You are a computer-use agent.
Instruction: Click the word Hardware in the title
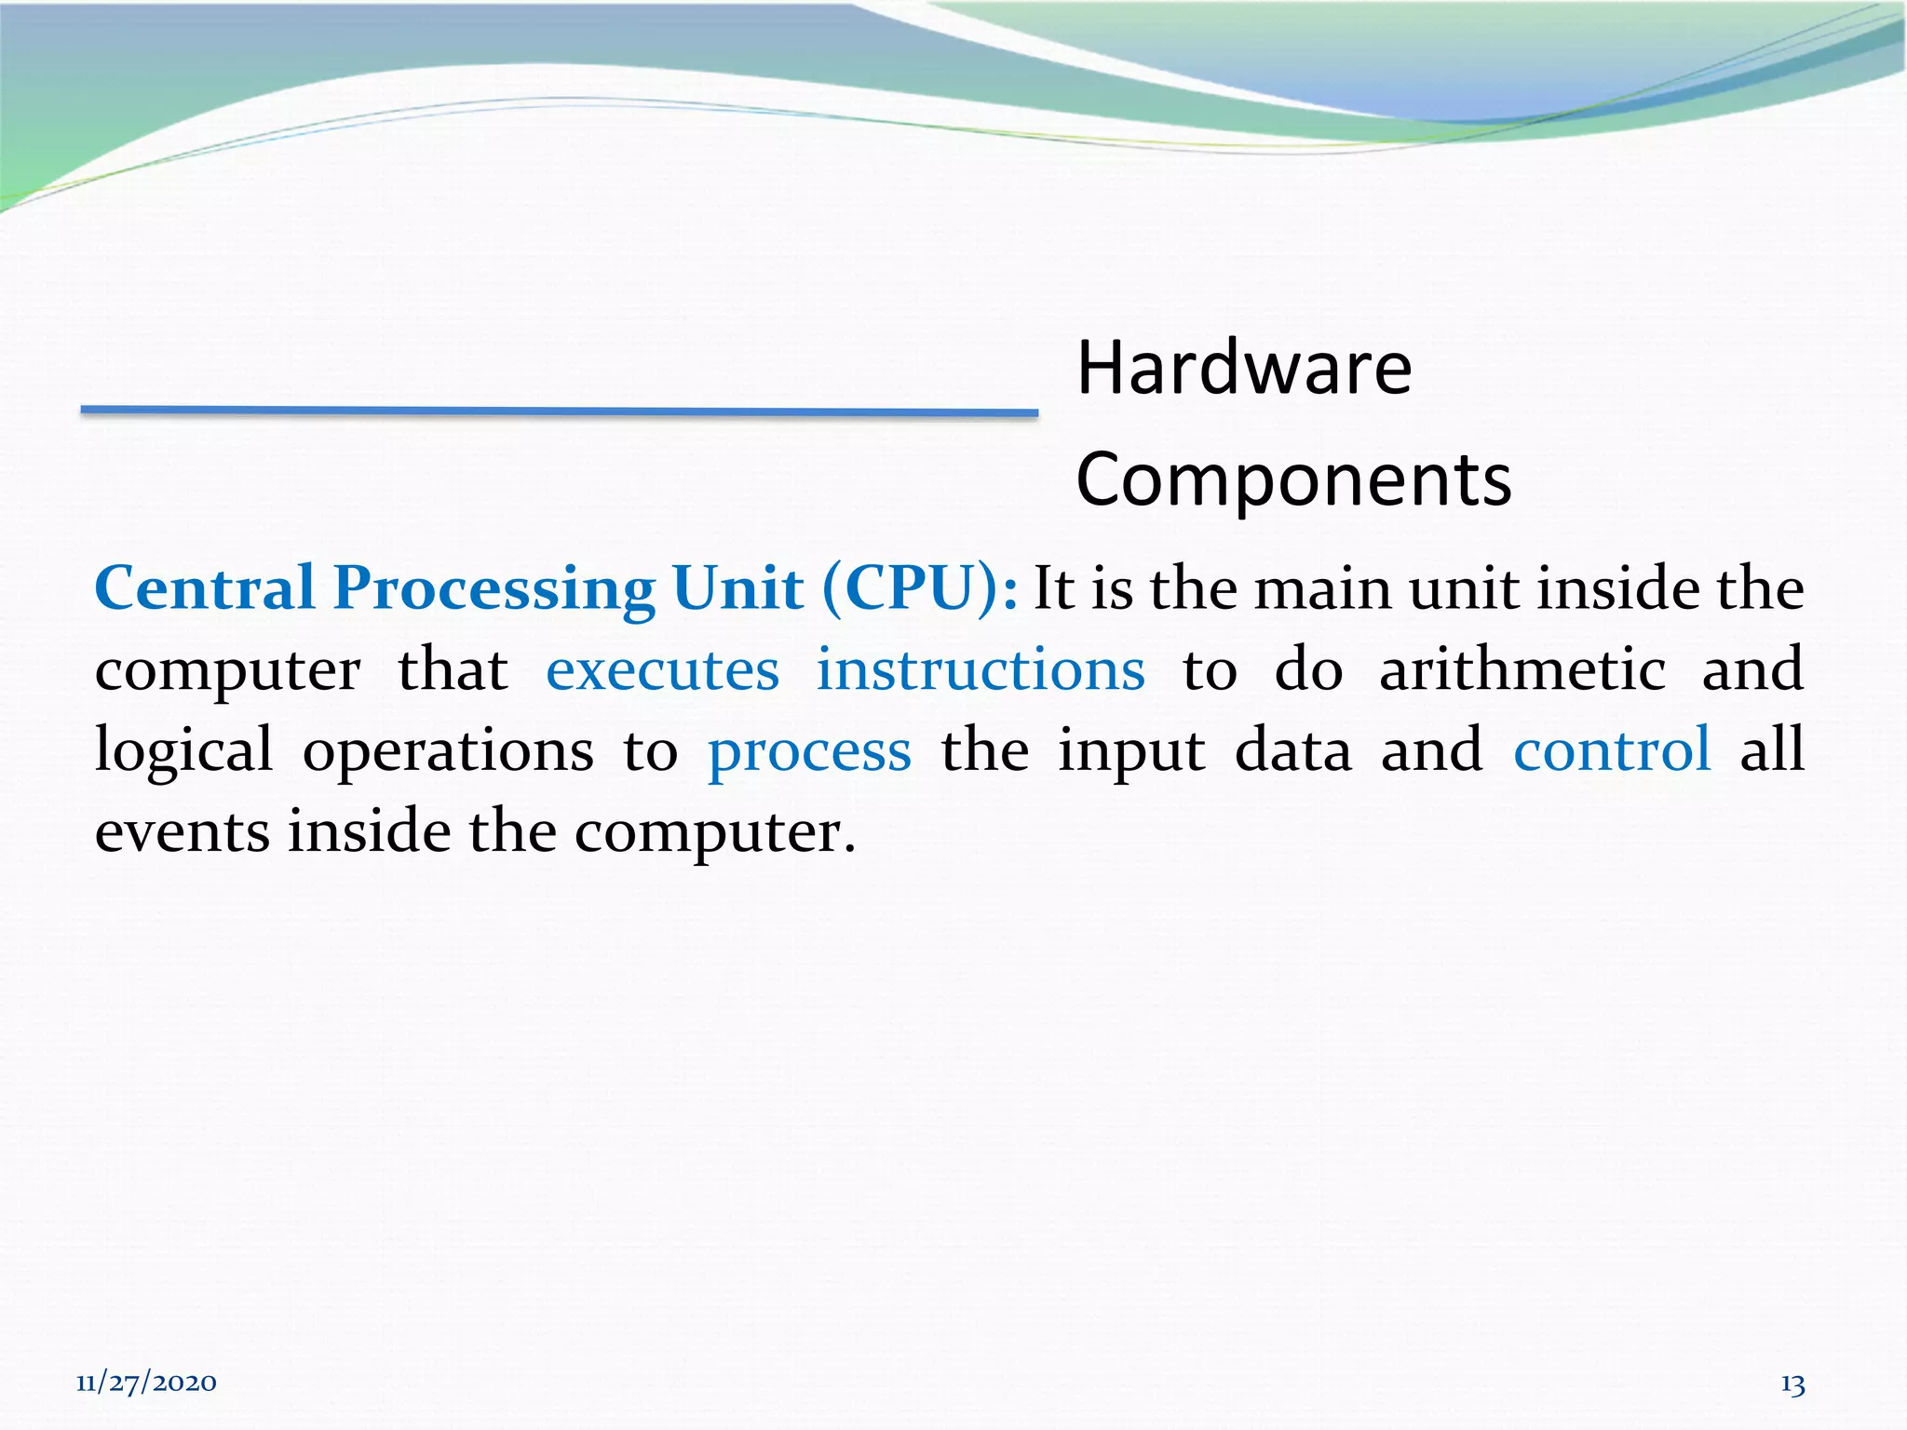(1244, 369)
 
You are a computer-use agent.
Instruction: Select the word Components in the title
(1293, 480)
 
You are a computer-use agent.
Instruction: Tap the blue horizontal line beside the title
(559, 411)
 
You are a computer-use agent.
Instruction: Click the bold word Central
(205, 588)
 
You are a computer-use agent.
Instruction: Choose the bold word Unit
(737, 588)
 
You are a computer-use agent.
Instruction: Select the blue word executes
(662, 670)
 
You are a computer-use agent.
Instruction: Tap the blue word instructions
(981, 670)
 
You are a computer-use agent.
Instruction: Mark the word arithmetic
(1522, 670)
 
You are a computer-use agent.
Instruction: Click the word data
(1292, 750)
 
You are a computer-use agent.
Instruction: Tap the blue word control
(1612, 750)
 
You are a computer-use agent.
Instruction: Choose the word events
(183, 831)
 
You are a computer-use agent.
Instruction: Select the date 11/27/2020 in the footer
(146, 1383)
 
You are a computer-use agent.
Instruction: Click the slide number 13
(1792, 1384)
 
